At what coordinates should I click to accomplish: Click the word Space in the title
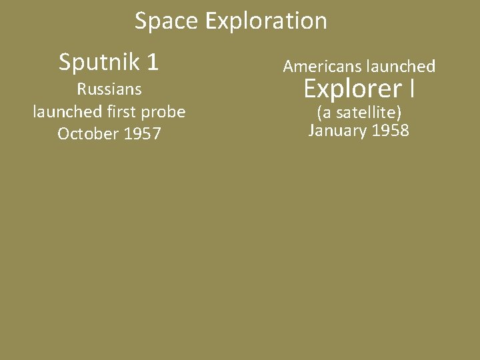pyautogui.click(x=167, y=21)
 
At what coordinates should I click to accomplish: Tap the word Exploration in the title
pyautogui.click(x=266, y=21)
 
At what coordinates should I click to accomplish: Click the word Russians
pyautogui.click(x=109, y=89)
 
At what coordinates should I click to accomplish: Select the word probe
pyautogui.click(x=165, y=112)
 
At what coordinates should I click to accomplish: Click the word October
pyautogui.click(x=87, y=134)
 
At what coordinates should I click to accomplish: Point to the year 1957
pyautogui.click(x=141, y=134)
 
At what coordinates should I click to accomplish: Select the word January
pyautogui.click(x=337, y=130)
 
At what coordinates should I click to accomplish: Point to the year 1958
pyautogui.click(x=391, y=130)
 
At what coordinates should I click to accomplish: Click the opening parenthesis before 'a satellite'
pyautogui.click(x=319, y=111)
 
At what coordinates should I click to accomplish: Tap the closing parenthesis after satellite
pyautogui.click(x=399, y=111)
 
